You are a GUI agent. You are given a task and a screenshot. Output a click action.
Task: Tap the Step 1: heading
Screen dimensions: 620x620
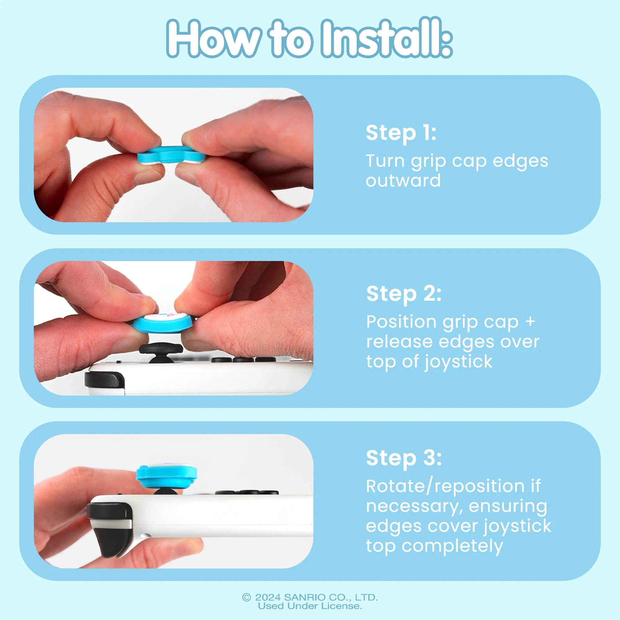[x=401, y=133]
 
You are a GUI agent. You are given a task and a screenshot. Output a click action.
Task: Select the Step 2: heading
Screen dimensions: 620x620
[x=404, y=294]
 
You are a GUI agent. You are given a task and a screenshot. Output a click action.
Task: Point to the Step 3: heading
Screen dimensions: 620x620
[x=404, y=458]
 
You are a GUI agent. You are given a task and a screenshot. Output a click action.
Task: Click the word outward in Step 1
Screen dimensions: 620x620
[x=403, y=181]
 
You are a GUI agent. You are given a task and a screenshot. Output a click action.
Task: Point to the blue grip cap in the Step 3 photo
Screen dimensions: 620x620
[x=166, y=475]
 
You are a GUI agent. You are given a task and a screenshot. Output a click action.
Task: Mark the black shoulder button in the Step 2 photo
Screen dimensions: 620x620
[x=104, y=379]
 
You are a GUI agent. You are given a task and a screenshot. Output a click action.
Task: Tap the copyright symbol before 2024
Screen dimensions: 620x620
[x=246, y=598]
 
